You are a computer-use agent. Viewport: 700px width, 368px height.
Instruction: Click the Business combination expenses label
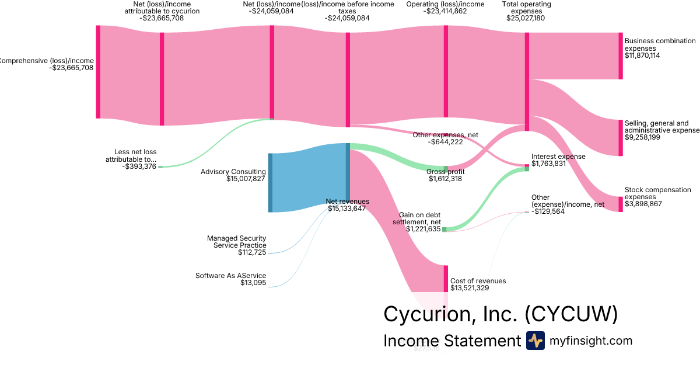coord(660,44)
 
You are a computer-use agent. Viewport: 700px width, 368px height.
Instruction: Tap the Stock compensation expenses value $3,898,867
coord(643,204)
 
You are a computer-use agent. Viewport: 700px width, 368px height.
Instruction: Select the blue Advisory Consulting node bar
coord(270,182)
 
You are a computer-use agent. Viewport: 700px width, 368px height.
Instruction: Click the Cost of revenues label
coord(478,281)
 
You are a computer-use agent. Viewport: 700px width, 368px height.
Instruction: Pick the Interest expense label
coord(558,157)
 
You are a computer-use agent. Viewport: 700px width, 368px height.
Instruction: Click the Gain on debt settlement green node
coord(444,230)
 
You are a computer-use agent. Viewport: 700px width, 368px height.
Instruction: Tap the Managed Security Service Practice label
coord(236,242)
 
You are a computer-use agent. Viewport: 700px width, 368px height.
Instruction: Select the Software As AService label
coord(230,275)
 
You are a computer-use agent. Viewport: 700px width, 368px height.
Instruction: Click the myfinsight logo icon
coord(535,341)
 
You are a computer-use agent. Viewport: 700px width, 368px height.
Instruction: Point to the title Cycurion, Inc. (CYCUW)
coord(500,314)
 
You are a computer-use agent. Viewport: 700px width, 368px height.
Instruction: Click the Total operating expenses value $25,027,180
coord(526,18)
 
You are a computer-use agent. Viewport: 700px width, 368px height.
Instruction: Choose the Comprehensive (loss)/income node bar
coord(98,72)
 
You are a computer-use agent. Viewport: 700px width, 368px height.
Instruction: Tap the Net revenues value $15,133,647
coord(346,209)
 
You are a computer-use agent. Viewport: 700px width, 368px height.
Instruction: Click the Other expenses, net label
coord(445,135)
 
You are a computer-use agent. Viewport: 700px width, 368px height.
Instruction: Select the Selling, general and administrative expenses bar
coord(620,138)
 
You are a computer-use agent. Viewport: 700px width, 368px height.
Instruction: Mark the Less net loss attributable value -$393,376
coord(139,167)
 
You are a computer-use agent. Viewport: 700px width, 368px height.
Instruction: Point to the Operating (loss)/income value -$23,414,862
coord(445,11)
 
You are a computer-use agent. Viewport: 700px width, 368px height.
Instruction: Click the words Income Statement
coord(452,341)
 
